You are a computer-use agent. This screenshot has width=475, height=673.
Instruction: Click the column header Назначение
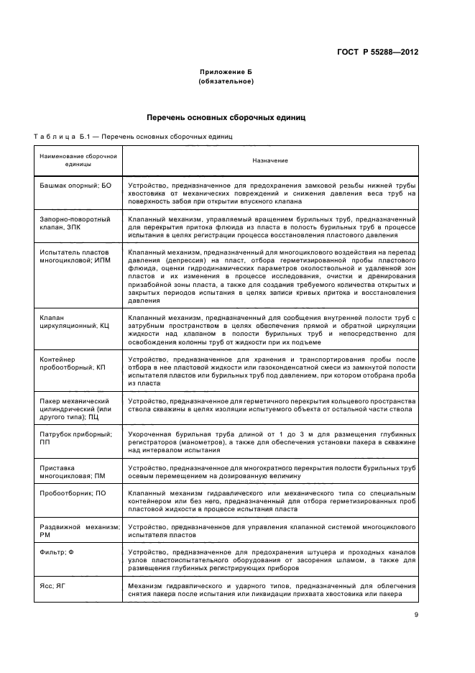pyautogui.click(x=269, y=160)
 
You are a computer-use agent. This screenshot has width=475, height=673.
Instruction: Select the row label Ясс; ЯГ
pyautogui.click(x=52, y=585)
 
